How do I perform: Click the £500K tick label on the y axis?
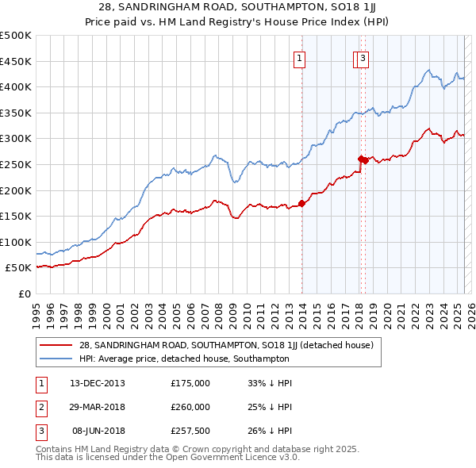16,36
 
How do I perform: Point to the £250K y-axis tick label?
16,164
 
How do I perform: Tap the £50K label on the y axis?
19,268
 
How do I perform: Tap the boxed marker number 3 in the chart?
363,57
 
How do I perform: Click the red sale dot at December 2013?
301,203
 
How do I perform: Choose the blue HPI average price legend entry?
183,359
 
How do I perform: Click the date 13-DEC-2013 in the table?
97,383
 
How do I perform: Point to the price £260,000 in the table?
190,407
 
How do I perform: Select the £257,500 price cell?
190,431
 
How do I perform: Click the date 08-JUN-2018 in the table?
98,431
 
